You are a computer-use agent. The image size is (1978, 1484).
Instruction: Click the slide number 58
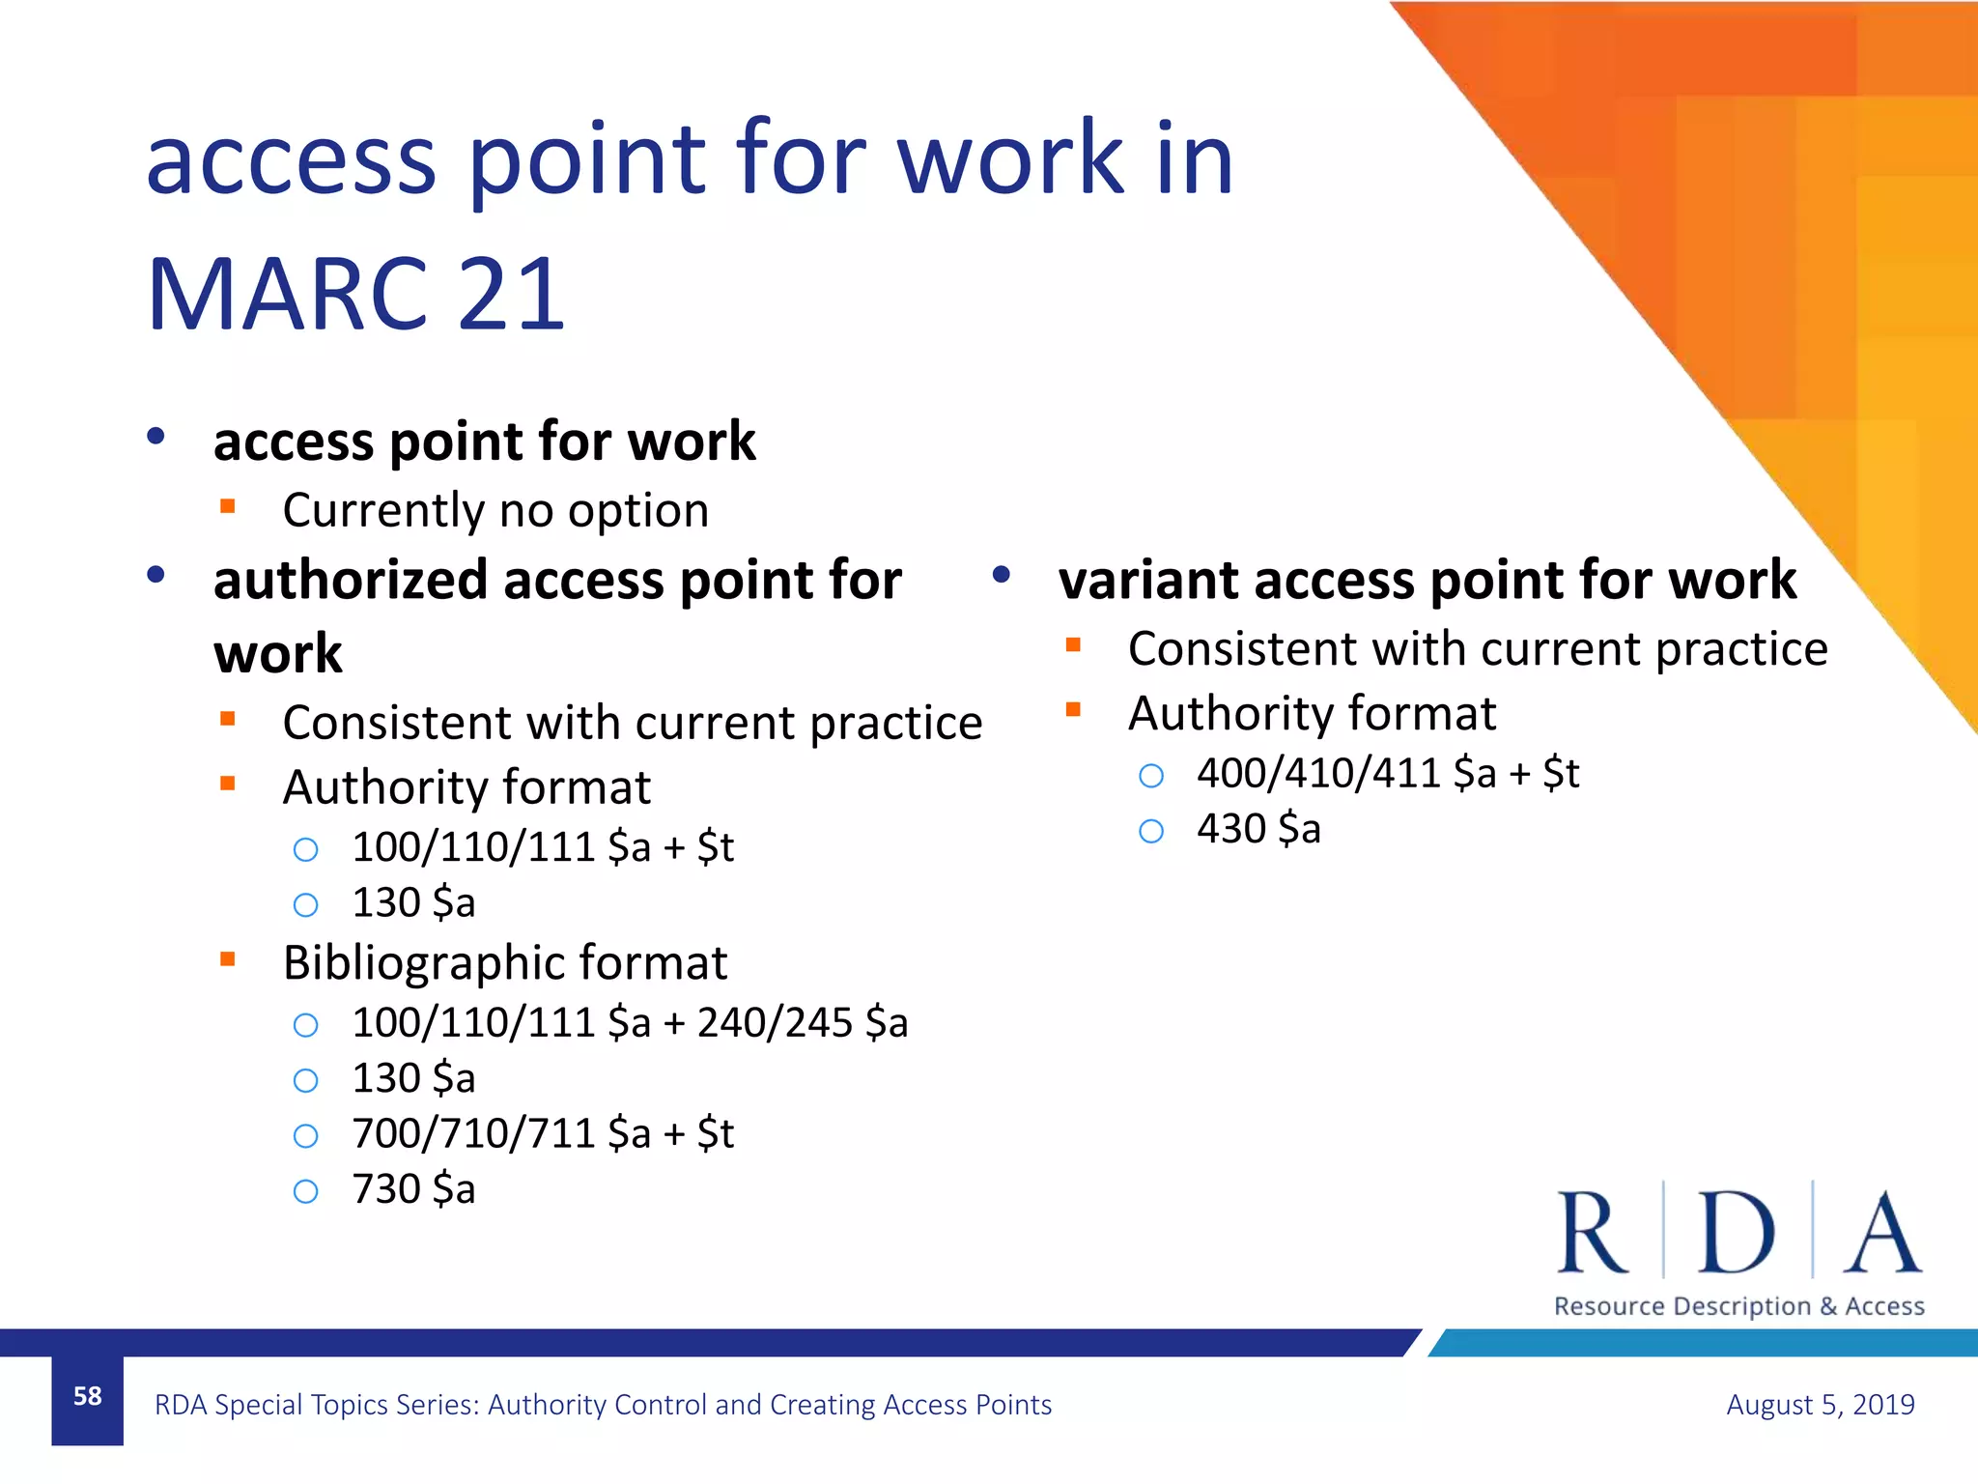(x=87, y=1396)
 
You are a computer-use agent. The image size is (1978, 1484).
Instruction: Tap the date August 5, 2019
(x=1820, y=1404)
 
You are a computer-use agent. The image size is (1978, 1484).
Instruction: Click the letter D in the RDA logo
(x=1736, y=1233)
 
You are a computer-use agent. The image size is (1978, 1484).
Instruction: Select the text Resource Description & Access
(x=1738, y=1306)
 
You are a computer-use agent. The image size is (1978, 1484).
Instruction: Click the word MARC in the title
(x=287, y=295)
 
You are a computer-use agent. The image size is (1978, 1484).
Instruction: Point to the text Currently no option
(x=495, y=510)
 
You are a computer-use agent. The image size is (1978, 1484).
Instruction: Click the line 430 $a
(x=1257, y=829)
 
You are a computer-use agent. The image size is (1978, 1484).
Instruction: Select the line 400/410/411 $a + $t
(x=1387, y=773)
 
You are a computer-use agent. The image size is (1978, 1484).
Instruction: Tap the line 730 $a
(x=413, y=1189)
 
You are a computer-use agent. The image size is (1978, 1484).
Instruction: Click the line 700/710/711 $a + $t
(x=543, y=1133)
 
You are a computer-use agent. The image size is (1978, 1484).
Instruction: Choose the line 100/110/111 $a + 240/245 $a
(x=630, y=1022)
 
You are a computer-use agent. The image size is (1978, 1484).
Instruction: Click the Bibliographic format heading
(x=504, y=962)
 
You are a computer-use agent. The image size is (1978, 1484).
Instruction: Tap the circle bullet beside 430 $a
(x=1151, y=831)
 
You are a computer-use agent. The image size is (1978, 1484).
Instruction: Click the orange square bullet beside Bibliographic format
(x=228, y=959)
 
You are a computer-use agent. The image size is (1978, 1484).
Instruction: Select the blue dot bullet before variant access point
(x=1001, y=575)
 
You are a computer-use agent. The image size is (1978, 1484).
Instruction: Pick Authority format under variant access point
(x=1312, y=713)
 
